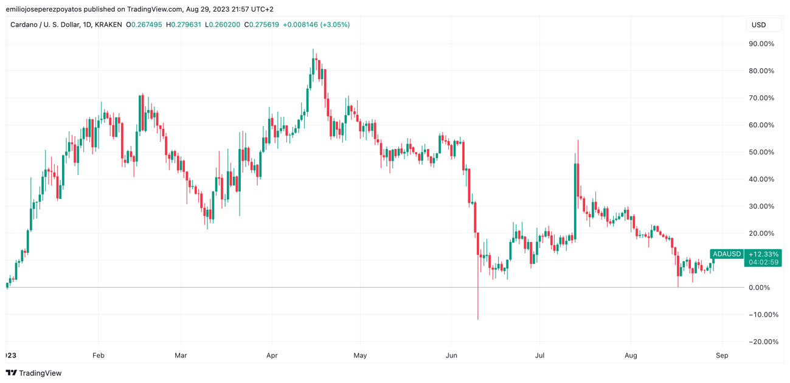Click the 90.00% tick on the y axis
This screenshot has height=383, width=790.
click(761, 44)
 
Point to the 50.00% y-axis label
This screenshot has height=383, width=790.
click(761, 152)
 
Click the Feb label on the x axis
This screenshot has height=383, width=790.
click(99, 355)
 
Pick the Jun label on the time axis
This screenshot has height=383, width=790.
click(451, 355)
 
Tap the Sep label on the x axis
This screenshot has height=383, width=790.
click(722, 355)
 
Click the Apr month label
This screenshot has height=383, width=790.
click(272, 355)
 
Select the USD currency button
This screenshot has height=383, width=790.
click(758, 25)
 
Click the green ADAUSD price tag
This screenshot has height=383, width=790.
click(727, 254)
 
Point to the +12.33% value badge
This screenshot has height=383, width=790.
click(763, 254)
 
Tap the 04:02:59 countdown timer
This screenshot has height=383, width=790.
click(763, 262)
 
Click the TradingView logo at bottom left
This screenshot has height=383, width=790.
click(34, 373)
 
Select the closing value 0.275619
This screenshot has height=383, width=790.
click(264, 25)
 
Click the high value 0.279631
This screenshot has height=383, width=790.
click(185, 25)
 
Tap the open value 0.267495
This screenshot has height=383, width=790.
click(147, 25)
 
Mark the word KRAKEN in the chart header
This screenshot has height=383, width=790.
click(108, 25)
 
